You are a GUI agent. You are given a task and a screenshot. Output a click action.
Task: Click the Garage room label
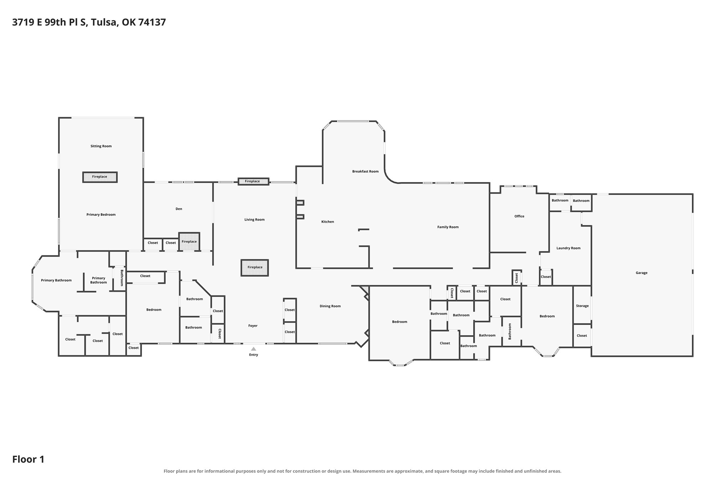pos(641,273)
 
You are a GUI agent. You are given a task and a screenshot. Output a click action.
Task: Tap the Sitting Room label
pos(101,146)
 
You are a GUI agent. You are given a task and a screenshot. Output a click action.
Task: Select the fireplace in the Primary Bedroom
pos(100,177)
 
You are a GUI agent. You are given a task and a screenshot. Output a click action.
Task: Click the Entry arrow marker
pos(254,349)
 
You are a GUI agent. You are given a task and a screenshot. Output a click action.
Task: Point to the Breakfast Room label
pos(365,172)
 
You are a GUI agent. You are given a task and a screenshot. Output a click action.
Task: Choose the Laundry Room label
pos(568,248)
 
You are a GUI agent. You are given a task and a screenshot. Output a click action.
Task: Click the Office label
pos(519,216)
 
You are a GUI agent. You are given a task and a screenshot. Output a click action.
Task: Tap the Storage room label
pos(582,306)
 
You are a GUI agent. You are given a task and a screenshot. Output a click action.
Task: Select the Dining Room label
pos(330,306)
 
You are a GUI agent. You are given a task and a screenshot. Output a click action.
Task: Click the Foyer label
pos(253,326)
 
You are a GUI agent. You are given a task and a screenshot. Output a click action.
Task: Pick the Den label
pos(179,209)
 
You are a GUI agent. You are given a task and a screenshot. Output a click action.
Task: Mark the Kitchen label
pos(328,222)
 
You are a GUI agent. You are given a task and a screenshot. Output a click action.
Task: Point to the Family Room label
pos(448,227)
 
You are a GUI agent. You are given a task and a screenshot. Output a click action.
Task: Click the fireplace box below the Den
pos(189,242)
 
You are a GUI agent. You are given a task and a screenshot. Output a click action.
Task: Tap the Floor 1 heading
pos(28,460)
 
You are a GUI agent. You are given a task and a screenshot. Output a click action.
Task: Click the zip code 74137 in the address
pos(152,22)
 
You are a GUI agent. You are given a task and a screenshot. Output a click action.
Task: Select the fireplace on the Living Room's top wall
pos(253,182)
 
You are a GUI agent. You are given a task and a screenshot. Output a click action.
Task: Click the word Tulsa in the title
pos(104,22)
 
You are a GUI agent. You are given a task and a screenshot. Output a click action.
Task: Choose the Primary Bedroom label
pos(101,215)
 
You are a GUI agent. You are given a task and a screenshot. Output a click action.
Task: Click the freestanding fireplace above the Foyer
pos(255,268)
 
